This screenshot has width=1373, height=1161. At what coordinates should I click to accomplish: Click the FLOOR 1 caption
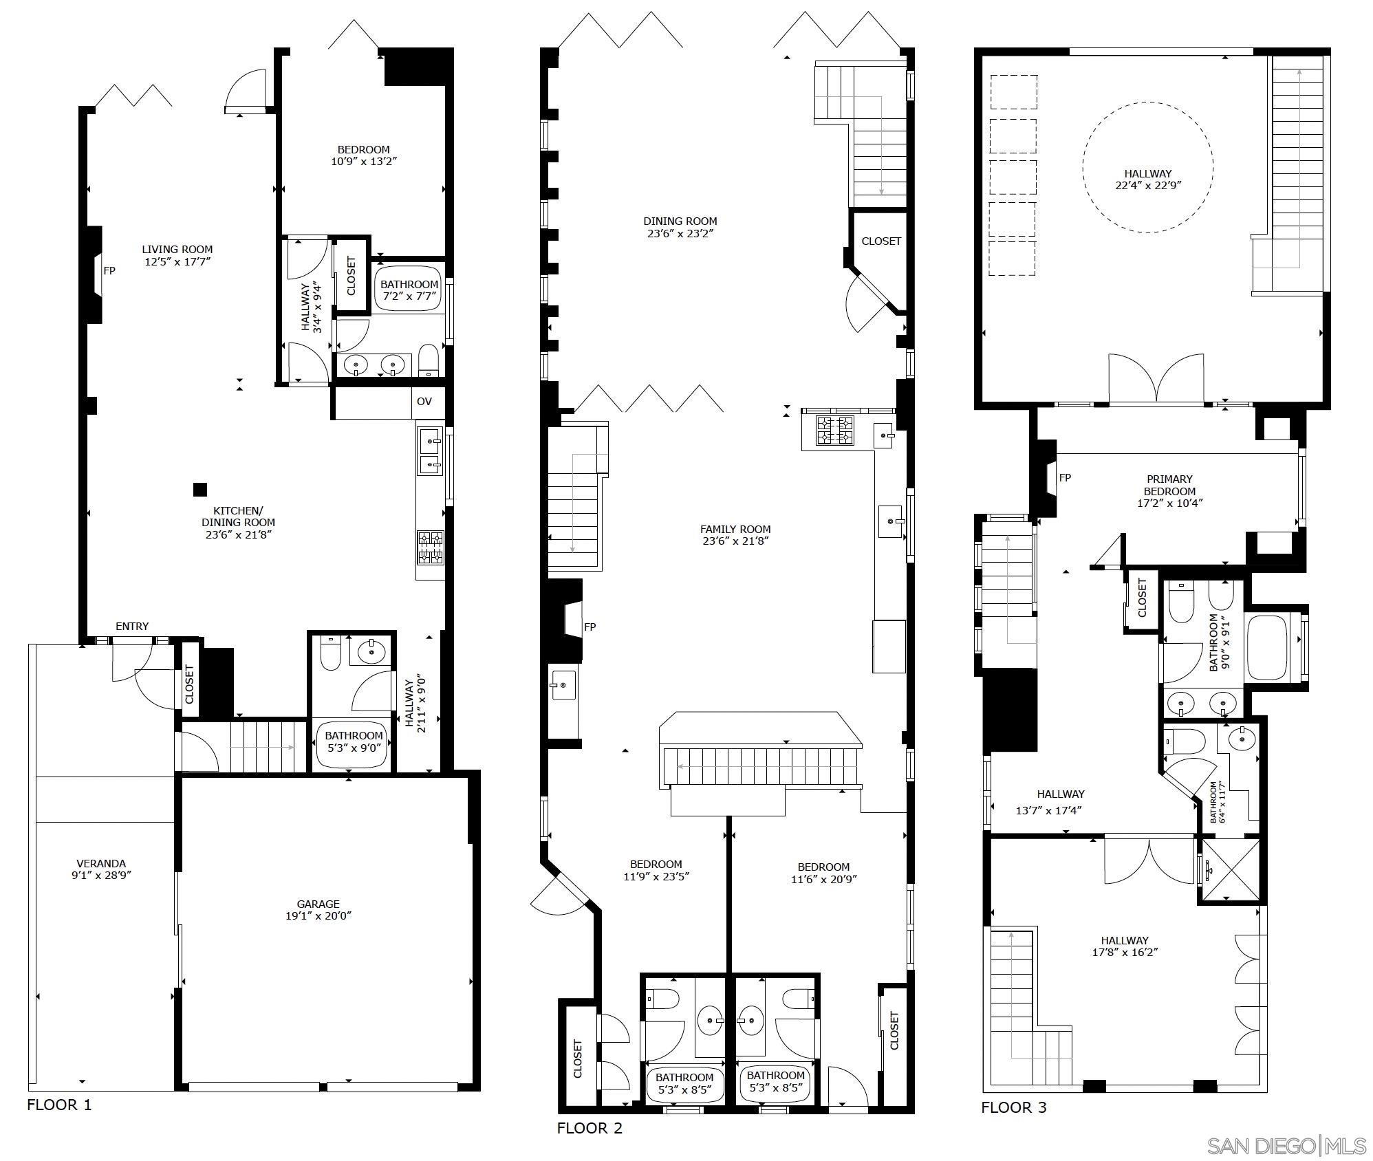pos(59,1105)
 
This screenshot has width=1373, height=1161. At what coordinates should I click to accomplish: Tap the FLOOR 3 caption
pos(1013,1107)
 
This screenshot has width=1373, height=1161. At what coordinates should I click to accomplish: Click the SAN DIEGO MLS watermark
pos(1286,1146)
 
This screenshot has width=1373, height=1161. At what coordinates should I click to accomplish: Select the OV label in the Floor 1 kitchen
pos(424,402)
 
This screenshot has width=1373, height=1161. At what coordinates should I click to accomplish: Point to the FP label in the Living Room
pos(109,271)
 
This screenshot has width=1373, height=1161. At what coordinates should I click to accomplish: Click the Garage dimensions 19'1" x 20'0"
pos(318,916)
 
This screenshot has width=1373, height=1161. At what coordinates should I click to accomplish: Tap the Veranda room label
pos(101,864)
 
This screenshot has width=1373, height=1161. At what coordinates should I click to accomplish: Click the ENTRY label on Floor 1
pos(132,627)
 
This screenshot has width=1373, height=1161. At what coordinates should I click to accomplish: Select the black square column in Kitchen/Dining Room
pos(199,490)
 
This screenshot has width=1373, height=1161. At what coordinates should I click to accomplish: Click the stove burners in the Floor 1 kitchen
pos(430,547)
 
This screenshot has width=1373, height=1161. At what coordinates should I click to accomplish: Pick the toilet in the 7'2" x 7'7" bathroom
pos(429,360)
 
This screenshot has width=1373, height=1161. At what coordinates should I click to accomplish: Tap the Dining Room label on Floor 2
pos(680,221)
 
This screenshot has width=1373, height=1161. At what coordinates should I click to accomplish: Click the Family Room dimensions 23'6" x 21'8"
pos(735,541)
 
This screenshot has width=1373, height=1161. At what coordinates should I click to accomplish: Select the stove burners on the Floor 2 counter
pos(834,431)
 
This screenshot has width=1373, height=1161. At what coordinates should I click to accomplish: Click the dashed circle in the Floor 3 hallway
pos(1147,167)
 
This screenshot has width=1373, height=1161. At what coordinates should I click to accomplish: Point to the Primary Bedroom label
pos(1169,486)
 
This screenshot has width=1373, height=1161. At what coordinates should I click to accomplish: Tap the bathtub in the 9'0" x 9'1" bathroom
pos(1267,647)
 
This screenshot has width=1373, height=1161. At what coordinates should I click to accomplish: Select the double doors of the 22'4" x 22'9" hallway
pos(1156,379)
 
